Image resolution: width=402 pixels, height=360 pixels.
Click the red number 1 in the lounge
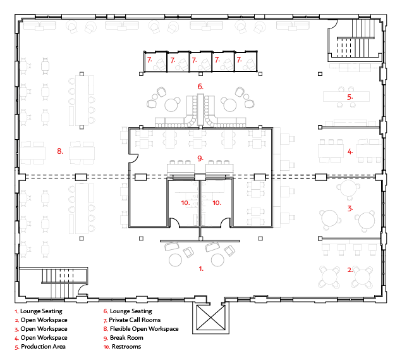[201, 269]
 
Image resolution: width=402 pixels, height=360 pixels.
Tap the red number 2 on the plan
[350, 270]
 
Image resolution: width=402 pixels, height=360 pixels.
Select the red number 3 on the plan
[350, 208]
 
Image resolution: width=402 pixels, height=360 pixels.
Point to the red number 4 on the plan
[350, 151]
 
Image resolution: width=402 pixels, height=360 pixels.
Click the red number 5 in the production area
[350, 97]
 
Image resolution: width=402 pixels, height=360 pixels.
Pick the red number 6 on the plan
[200, 86]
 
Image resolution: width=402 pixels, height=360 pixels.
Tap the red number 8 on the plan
[59, 151]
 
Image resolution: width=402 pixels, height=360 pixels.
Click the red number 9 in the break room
[200, 158]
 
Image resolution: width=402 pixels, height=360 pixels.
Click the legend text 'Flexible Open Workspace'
[144, 329]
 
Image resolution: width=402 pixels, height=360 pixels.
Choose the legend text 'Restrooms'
[125, 347]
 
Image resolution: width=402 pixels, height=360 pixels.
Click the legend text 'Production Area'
[43, 347]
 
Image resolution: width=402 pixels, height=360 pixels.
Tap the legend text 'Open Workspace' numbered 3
[44, 329]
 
